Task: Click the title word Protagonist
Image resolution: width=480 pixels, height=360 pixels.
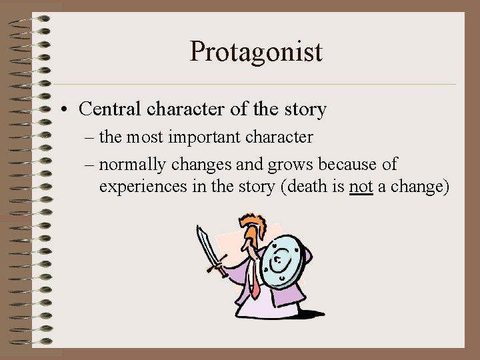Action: point(256,51)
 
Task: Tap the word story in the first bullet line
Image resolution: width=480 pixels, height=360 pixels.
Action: point(305,109)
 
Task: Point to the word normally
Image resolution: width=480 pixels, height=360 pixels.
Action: point(136,164)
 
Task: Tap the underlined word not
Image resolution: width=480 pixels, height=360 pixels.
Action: point(361,187)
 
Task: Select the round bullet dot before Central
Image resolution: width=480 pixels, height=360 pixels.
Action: point(69,109)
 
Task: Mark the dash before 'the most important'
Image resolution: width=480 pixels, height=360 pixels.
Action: point(91,138)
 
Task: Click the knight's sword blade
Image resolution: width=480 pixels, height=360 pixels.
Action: point(207,245)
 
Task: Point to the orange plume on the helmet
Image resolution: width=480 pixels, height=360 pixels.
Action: point(251,223)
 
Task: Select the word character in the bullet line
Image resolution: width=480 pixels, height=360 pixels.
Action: point(181,109)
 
